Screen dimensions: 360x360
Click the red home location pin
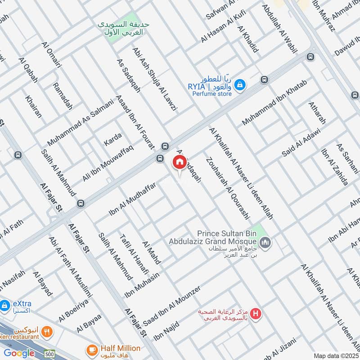[x=179, y=162]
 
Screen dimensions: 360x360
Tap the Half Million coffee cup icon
[x=92, y=349]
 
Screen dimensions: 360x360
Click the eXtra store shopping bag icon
[x=4, y=306]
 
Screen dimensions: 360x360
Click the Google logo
[x=19, y=353]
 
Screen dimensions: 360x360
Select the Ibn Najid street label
[x=166, y=331]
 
